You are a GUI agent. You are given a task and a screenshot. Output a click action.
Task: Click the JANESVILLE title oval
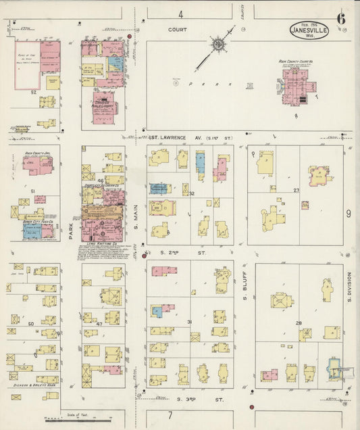tap(309, 30)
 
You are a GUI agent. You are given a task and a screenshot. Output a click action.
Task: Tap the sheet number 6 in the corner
tap(342, 18)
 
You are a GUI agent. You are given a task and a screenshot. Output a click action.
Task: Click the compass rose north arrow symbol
tap(217, 46)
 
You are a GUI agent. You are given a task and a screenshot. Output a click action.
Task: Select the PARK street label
tap(70, 233)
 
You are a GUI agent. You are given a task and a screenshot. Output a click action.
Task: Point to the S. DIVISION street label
tap(349, 287)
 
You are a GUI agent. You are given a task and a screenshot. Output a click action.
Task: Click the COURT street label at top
tap(178, 30)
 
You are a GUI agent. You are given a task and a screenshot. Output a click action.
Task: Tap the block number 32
tap(192, 194)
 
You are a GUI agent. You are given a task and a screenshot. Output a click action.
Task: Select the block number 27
tap(296, 191)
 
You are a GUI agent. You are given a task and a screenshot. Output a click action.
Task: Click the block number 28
tap(298, 323)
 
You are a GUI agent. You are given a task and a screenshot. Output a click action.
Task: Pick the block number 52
tap(33, 92)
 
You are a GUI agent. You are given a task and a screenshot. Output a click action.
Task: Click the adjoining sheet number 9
tap(349, 214)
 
